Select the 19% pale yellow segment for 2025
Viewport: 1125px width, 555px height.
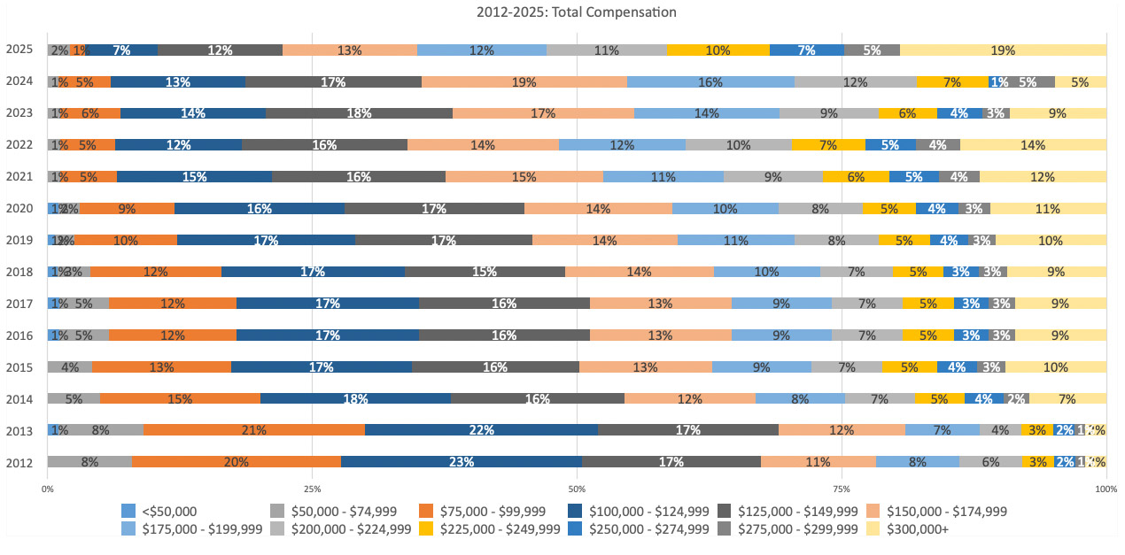[1003, 50]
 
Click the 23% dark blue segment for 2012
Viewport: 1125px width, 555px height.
[462, 461]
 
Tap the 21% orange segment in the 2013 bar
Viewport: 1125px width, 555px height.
[254, 430]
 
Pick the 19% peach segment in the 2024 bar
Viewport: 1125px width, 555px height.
[524, 82]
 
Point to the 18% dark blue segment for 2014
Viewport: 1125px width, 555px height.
[355, 398]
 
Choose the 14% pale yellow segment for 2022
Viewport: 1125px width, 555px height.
[1033, 145]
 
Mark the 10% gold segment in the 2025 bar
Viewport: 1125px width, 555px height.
[718, 50]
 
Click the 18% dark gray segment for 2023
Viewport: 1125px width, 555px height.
[359, 113]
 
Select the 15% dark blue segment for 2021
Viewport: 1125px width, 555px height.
[194, 177]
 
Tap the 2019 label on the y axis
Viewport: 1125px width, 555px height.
[19, 240]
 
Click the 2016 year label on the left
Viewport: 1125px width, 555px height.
[19, 335]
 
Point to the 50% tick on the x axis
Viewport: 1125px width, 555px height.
[577, 489]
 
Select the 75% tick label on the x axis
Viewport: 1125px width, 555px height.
[842, 489]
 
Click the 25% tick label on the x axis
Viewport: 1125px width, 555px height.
[312, 489]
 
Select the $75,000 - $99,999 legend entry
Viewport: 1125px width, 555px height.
[485, 511]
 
